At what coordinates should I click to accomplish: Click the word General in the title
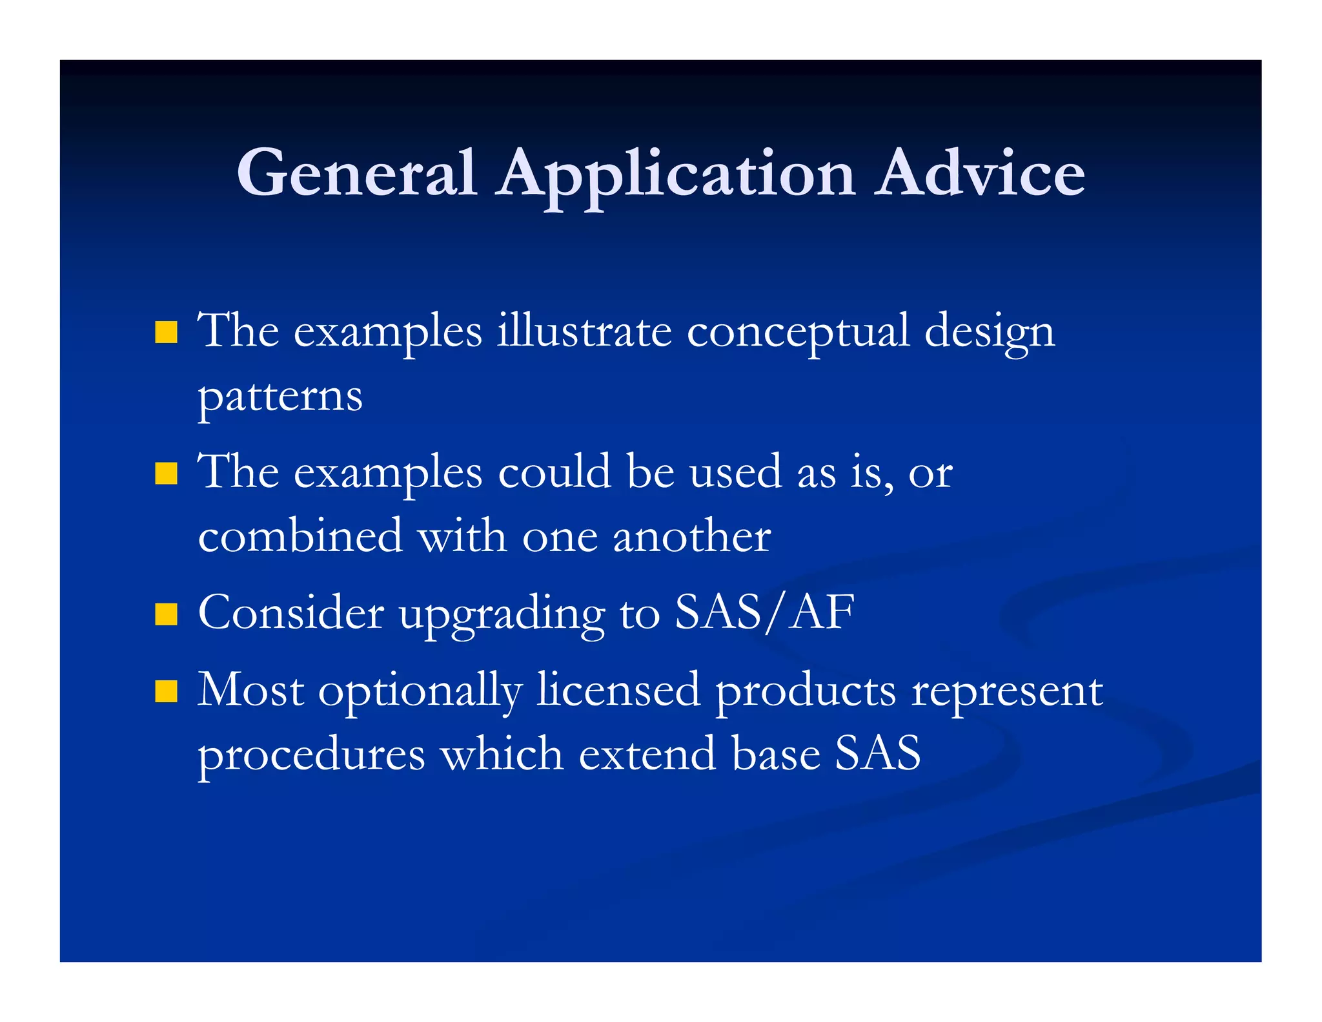[x=356, y=172]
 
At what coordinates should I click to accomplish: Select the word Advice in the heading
[x=979, y=172]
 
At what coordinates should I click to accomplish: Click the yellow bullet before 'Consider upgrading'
[x=167, y=614]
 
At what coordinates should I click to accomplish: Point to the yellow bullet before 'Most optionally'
[x=167, y=691]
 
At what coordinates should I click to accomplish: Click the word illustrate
[x=584, y=331]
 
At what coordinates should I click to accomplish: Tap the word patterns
[x=280, y=397]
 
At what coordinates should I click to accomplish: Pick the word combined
[x=300, y=536]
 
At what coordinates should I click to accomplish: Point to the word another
[x=691, y=536]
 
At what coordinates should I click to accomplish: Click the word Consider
[x=290, y=612]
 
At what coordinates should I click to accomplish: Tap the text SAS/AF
[x=764, y=612]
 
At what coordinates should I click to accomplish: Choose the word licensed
[x=618, y=689]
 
